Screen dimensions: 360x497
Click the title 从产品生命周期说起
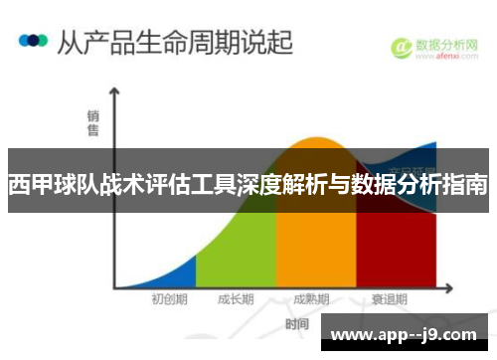pos(175,42)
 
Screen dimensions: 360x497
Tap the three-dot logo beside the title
pos(33,41)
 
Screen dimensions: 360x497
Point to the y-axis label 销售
pos(92,123)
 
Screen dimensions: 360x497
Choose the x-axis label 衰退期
pos(391,298)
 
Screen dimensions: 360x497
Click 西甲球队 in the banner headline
pos(45,184)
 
